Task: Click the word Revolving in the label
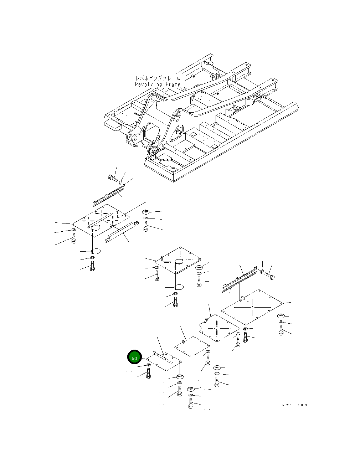[149, 84]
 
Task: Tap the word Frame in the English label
[173, 84]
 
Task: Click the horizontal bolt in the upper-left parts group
[113, 178]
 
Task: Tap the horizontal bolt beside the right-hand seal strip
[270, 276]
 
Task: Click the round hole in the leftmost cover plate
[96, 228]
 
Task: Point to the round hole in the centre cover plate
[179, 261]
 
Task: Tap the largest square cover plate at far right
[252, 307]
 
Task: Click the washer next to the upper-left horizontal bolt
[120, 182]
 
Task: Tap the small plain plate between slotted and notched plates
[192, 346]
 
